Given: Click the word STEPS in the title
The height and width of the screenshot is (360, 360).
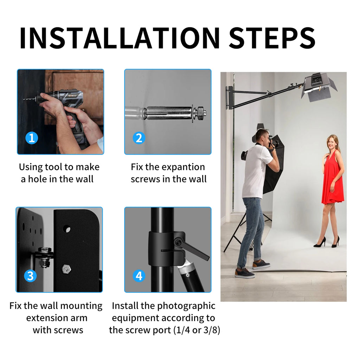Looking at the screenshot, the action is [x=272, y=38].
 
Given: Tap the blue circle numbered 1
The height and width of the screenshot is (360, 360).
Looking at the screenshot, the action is [x=32, y=138].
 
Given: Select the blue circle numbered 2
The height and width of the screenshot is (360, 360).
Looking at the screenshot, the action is [x=139, y=138].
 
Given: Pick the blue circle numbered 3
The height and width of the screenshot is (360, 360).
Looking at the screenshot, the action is [x=30, y=276].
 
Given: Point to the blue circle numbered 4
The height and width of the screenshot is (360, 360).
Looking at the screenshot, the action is [x=139, y=276].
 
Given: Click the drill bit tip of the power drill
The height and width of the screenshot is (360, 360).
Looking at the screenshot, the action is [x=24, y=99].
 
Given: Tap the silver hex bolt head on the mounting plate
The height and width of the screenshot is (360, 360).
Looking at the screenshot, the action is [x=66, y=269].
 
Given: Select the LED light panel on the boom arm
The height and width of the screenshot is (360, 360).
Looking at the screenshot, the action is [x=319, y=87].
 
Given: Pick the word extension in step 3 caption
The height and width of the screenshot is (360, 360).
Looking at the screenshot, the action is [x=46, y=318].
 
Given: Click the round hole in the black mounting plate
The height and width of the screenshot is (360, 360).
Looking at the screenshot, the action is [x=67, y=229].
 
